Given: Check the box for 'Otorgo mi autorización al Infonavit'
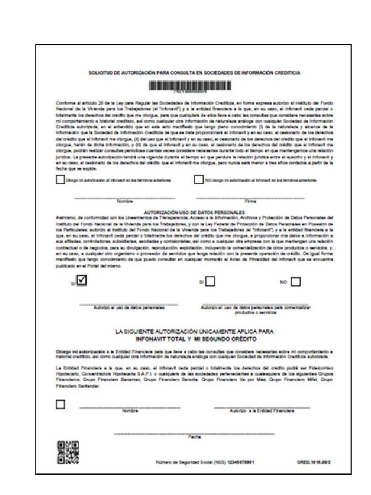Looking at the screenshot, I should (x=60, y=180).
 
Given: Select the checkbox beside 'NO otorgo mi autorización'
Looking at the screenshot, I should (x=198, y=180).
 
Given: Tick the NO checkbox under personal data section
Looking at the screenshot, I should (x=296, y=281).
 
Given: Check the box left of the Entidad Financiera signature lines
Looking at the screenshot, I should (x=60, y=404).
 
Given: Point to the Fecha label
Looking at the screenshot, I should (x=191, y=437).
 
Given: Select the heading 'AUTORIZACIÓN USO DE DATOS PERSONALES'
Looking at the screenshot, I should (x=195, y=213).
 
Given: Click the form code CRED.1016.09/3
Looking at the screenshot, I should (x=314, y=462).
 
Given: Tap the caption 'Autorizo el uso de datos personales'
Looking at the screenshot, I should (x=128, y=307).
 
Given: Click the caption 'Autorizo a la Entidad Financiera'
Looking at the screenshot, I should (x=262, y=411).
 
